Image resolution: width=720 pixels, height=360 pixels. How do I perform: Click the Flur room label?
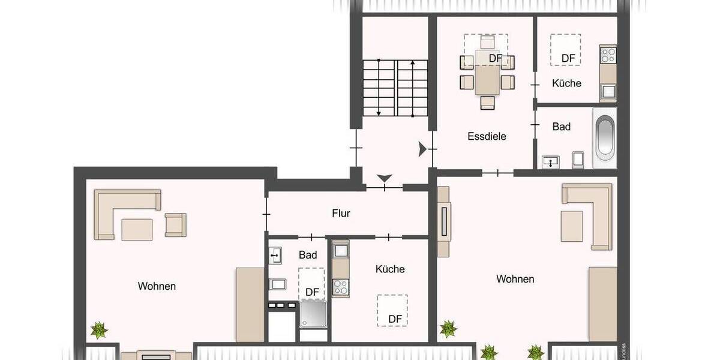(341, 213)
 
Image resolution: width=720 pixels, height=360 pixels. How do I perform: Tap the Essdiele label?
(487, 136)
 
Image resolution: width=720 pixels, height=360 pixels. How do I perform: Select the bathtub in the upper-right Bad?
(605, 137)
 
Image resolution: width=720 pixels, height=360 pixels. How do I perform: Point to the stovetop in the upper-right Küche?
(608, 55)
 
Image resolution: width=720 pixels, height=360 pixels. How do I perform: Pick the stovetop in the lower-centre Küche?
(341, 286)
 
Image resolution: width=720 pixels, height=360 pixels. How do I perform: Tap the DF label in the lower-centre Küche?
(394, 319)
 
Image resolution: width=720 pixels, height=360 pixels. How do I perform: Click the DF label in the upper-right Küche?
(568, 58)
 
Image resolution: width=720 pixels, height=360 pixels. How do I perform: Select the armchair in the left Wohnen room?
(175, 224)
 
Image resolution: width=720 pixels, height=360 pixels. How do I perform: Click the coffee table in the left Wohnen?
(137, 229)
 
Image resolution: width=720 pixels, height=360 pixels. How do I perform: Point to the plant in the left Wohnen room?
(98, 329)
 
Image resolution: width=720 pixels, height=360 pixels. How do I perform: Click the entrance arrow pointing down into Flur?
(384, 178)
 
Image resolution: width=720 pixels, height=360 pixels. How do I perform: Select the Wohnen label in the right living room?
(515, 279)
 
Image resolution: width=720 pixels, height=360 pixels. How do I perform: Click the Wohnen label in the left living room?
(157, 286)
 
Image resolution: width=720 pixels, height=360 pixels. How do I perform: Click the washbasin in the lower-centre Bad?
(275, 256)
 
